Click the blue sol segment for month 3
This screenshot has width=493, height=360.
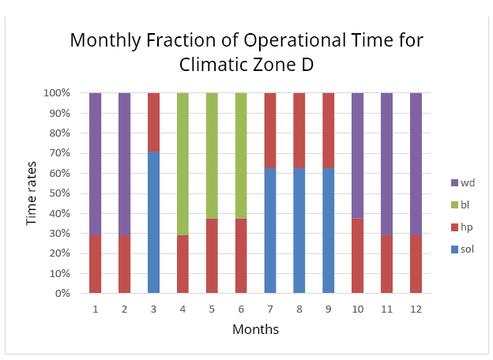(153, 223)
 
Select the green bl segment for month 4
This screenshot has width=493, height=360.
(183, 164)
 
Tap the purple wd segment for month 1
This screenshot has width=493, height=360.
(96, 164)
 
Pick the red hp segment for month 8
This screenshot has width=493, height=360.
(299, 131)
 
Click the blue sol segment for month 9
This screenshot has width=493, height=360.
(328, 231)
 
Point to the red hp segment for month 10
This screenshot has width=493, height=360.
(357, 256)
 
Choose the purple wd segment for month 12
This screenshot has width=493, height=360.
(416, 164)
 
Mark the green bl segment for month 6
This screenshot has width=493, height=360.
(241, 156)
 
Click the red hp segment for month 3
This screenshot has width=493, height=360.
(153, 122)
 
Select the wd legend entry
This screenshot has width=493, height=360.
(463, 183)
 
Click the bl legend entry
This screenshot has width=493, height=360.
(460, 204)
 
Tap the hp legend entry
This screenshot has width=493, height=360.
(462, 227)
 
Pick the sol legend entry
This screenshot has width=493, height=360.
(462, 249)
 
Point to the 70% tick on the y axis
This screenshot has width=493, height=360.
(60, 153)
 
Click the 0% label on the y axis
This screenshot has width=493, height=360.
(62, 294)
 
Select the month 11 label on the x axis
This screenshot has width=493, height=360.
(386, 309)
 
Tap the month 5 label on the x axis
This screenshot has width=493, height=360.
(212, 309)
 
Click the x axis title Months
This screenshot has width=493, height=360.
(256, 329)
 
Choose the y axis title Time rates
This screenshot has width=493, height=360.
(31, 193)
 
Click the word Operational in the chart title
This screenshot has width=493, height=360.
(295, 41)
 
